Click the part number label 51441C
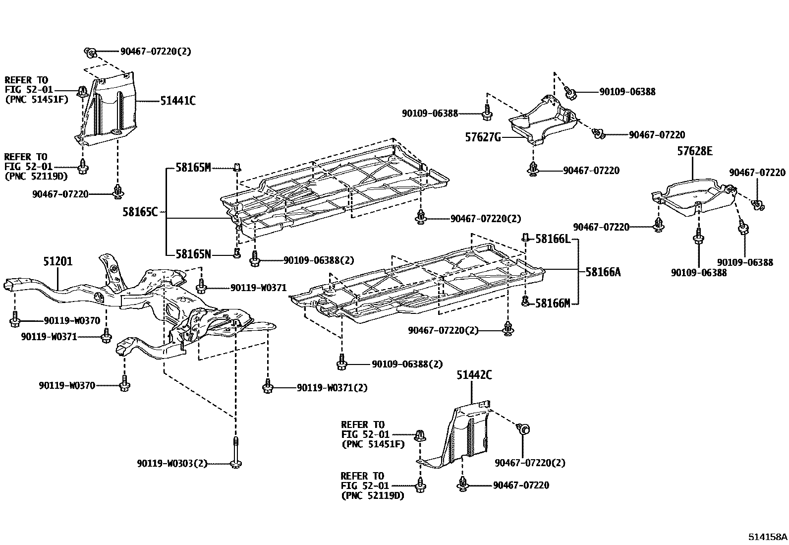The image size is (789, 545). [177, 101]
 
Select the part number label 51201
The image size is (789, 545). [57, 261]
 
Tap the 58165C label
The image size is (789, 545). [140, 212]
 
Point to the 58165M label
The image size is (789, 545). [193, 168]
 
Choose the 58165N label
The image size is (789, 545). [193, 254]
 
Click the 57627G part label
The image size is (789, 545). [483, 137]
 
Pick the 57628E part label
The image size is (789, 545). [695, 152]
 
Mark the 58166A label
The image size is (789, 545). [603, 272]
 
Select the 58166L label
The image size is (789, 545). [553, 240]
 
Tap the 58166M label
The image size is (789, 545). [553, 303]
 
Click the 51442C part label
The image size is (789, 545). [474, 375]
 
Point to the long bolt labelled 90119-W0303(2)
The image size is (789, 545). [236, 451]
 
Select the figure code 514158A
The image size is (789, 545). [768, 537]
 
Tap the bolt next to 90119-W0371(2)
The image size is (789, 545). [268, 386]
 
